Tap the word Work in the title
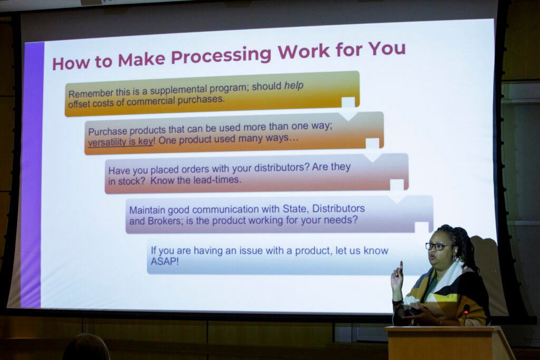click(304, 51)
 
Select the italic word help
click(294, 85)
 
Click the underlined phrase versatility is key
click(121, 142)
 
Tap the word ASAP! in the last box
click(165, 261)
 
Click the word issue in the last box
click(236, 250)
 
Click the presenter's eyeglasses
click(436, 247)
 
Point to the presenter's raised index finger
click(401, 266)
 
